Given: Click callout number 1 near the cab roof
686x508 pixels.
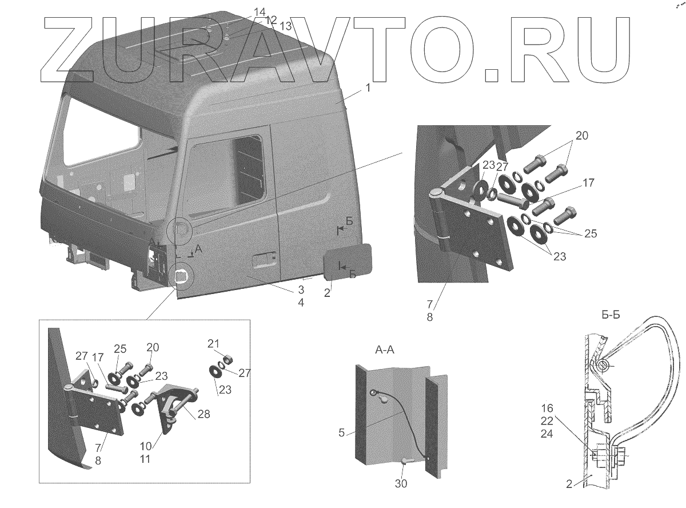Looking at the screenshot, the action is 368,89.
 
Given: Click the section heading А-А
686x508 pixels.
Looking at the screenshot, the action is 384,350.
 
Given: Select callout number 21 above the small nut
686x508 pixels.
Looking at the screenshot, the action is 213,343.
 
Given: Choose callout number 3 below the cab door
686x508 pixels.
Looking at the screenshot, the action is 300,290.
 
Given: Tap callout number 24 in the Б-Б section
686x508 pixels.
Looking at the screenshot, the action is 548,433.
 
